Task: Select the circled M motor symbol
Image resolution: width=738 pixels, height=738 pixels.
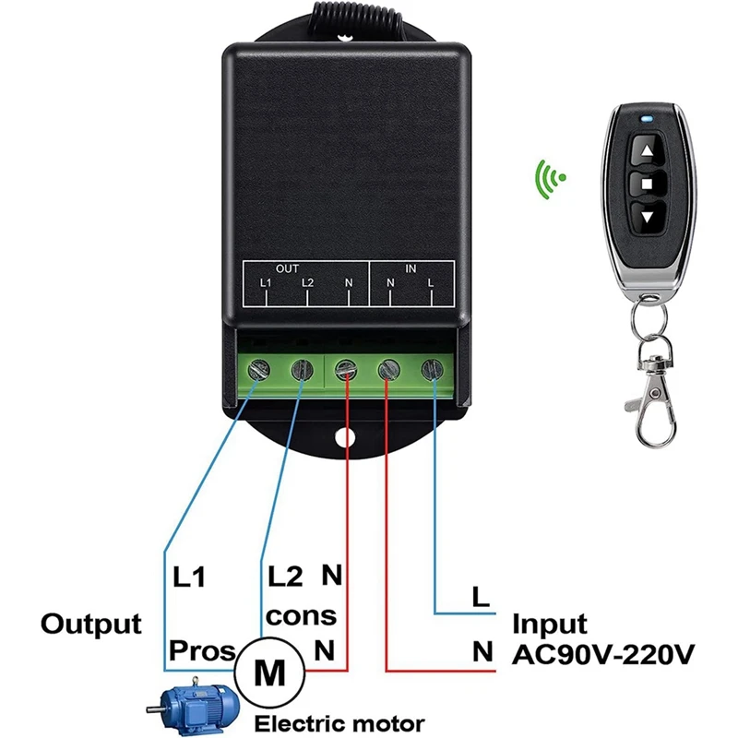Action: (x=269, y=672)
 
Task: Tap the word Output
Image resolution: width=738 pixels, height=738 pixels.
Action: (x=90, y=624)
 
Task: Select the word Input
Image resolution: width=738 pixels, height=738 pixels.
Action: (x=551, y=624)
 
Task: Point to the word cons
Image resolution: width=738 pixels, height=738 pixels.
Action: (x=301, y=615)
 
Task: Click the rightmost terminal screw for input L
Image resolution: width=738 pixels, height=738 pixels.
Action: (x=431, y=369)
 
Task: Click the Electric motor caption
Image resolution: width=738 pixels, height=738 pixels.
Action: (x=339, y=722)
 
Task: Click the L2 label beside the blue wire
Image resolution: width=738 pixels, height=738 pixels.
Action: (x=282, y=577)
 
